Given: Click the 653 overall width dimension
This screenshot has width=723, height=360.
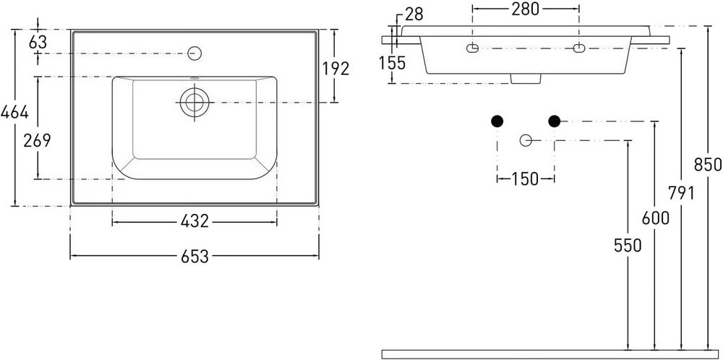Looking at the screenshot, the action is click(194, 257).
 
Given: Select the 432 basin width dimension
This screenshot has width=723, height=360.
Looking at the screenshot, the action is click(194, 221).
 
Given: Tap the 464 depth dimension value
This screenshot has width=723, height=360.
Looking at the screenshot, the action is click(14, 112).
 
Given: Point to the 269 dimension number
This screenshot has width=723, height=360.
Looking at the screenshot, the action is click(37, 140).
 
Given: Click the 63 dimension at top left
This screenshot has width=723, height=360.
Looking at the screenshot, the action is click(38, 42).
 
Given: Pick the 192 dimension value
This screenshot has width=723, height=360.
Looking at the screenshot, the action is click(335, 69).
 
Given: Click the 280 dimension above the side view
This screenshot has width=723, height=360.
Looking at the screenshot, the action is click(526, 9).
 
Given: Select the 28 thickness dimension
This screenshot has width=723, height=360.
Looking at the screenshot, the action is click(414, 14).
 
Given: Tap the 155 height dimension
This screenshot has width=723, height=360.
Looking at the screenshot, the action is click(393, 63).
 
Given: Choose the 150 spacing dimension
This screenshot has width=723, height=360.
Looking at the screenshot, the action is click(526, 179).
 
